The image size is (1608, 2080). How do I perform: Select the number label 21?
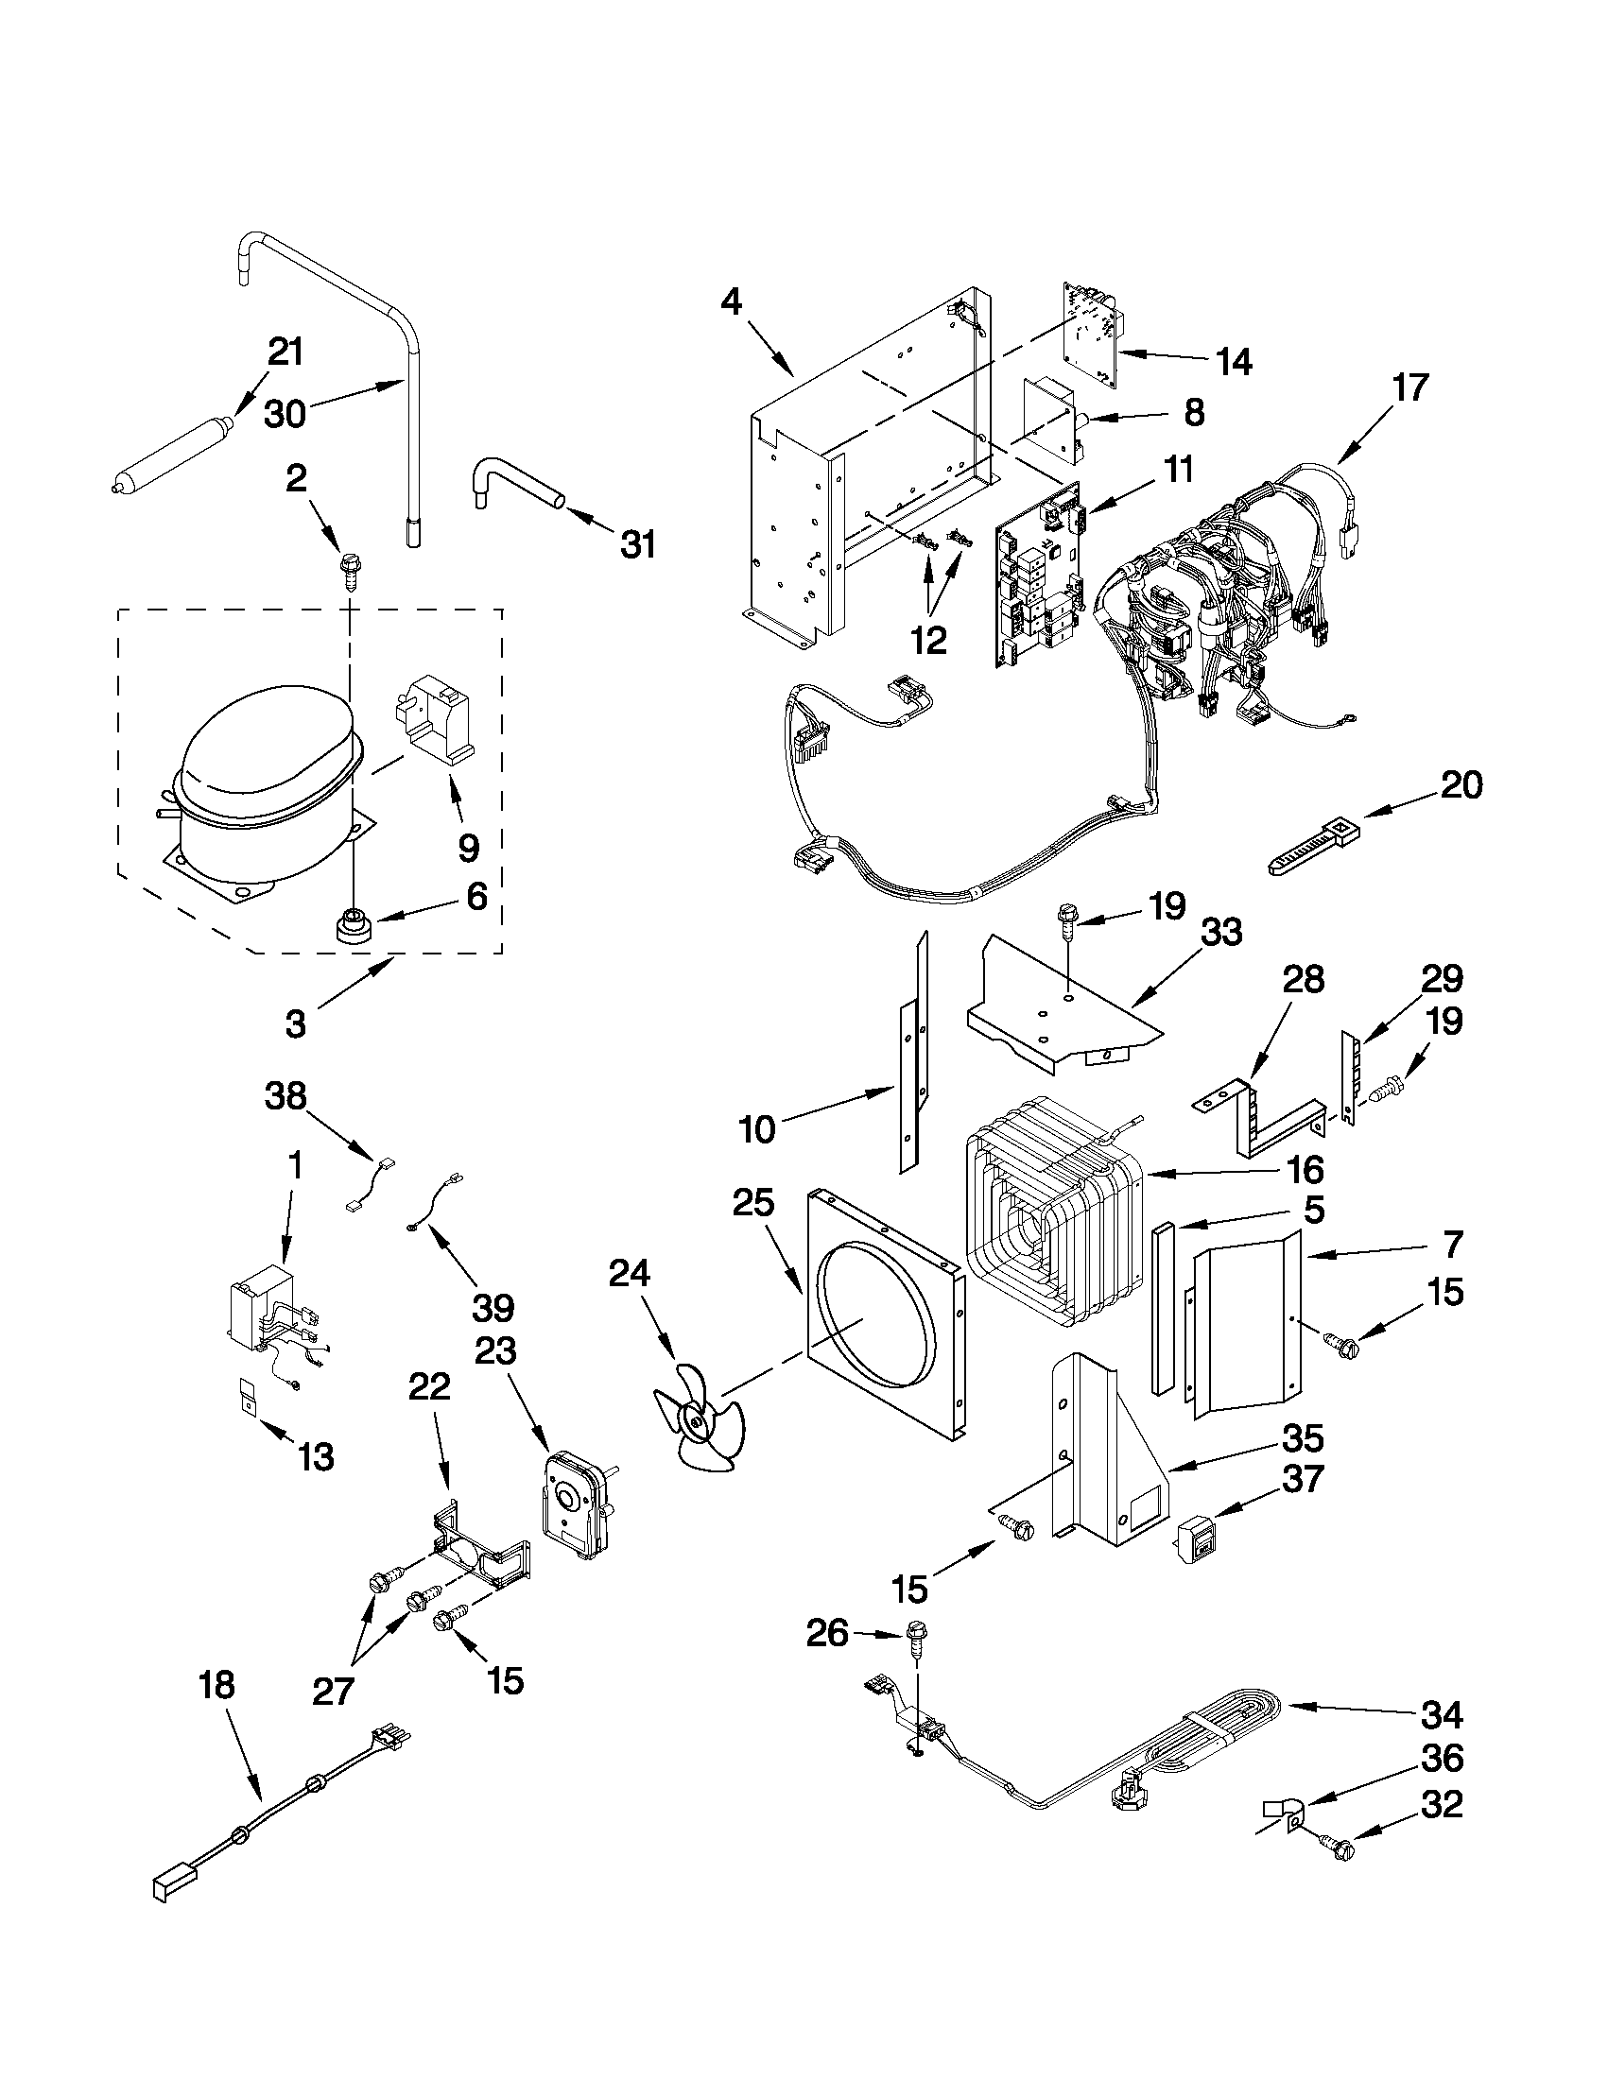pos(285,352)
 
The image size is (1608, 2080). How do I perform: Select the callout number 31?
pos(637,544)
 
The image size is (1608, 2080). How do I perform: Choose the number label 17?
pos(1409,387)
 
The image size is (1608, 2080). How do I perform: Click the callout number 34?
pos(1442,1715)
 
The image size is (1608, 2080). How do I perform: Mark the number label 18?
pos(216,1685)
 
